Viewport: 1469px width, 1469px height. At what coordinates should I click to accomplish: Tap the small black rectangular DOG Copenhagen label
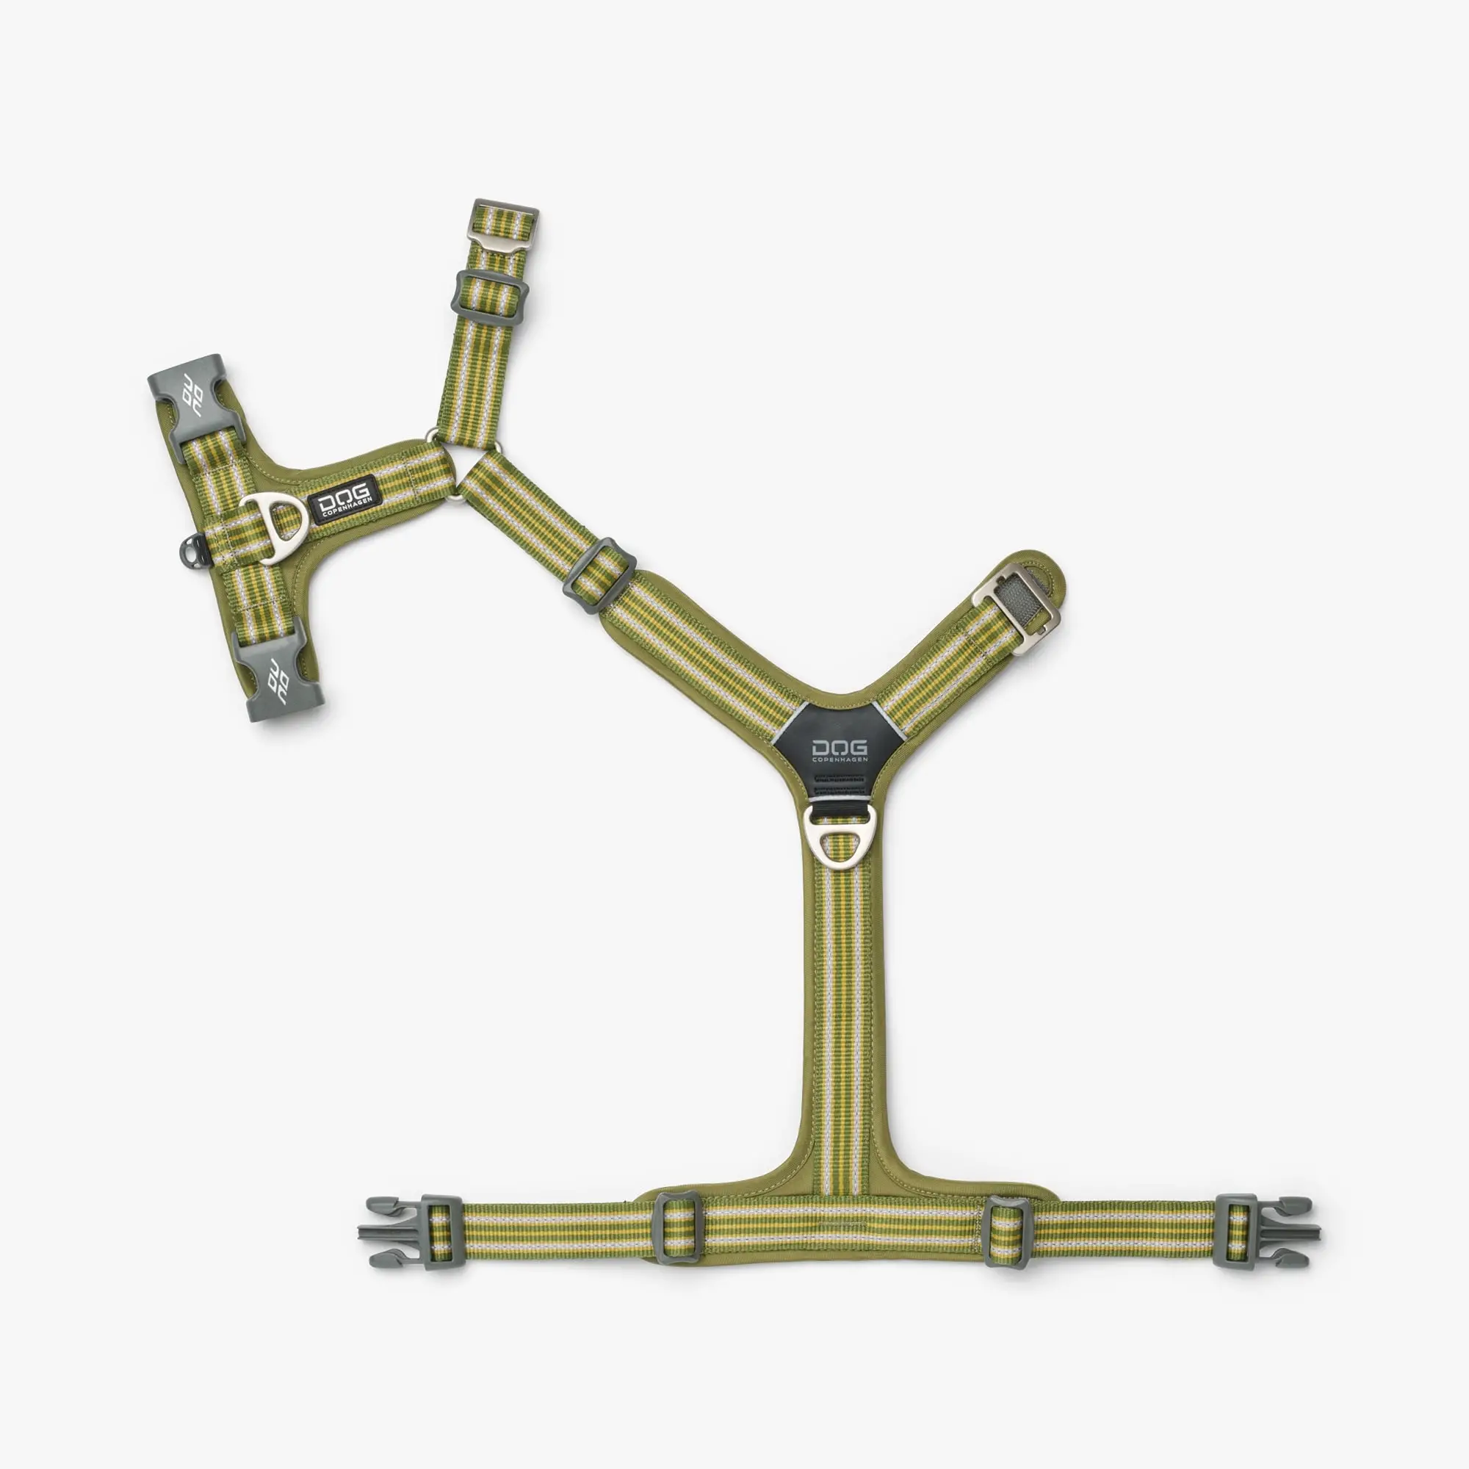345,499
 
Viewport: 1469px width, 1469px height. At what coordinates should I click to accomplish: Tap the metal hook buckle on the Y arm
1015,604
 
